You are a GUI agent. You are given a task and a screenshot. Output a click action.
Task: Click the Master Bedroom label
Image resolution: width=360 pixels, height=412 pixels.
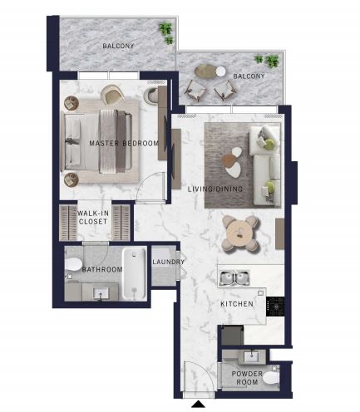[124, 144]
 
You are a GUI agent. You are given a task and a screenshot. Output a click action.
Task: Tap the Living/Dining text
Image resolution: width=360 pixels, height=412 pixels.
[215, 189]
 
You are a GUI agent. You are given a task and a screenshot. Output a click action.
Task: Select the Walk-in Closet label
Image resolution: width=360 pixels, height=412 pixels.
[92, 218]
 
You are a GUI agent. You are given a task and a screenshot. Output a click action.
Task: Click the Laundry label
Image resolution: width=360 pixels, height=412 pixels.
[168, 262]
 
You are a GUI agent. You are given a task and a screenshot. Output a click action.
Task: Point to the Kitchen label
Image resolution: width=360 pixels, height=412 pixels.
[237, 304]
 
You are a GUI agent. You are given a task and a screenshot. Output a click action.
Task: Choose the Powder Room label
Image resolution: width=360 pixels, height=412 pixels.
[247, 378]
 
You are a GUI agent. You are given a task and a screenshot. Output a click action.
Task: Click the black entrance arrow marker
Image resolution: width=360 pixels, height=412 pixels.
[199, 404]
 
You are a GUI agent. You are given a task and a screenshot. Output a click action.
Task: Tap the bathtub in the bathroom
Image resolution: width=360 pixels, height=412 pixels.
[134, 273]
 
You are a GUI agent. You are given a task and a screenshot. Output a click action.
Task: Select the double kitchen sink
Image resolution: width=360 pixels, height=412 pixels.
[234, 278]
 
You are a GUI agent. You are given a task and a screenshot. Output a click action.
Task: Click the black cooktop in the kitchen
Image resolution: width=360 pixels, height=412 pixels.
[275, 307]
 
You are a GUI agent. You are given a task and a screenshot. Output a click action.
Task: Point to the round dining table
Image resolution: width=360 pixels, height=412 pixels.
[240, 234]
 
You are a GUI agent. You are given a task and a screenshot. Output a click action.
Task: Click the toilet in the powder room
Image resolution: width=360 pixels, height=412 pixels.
[271, 379]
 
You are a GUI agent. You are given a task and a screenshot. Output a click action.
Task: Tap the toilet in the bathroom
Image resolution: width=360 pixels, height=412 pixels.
[73, 264]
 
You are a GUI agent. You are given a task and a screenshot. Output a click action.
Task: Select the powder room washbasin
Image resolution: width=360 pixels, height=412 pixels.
[252, 356]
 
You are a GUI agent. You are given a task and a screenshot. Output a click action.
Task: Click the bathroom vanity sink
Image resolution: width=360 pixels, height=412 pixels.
[101, 292]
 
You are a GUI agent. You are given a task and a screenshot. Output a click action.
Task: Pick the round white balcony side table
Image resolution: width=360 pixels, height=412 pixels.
[221, 71]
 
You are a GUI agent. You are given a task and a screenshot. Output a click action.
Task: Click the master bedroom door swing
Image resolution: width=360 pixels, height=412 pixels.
[150, 186]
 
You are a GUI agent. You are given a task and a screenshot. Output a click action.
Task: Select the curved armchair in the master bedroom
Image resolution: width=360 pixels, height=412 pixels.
[112, 94]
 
